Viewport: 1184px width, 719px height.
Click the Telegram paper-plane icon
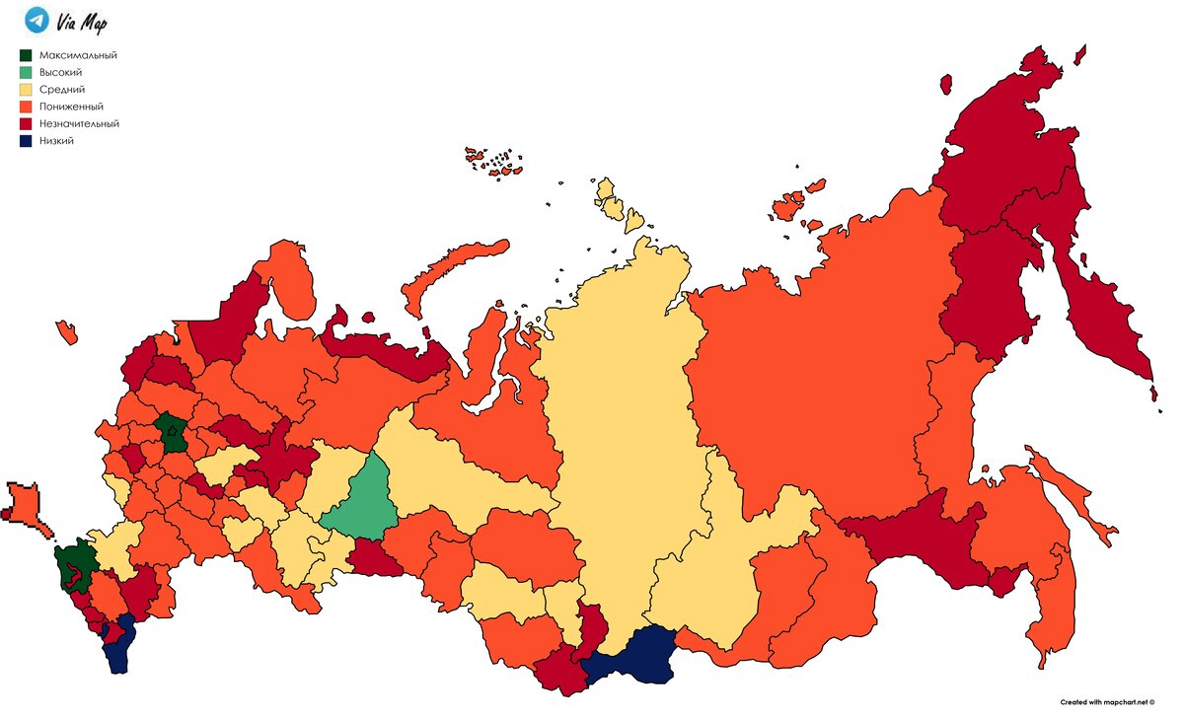[x=37, y=20]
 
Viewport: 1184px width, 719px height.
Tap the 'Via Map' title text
[x=81, y=22]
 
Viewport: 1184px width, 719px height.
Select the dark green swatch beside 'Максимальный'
[x=27, y=55]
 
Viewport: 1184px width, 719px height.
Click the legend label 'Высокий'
[x=60, y=72]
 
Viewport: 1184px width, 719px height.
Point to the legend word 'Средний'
[x=62, y=89]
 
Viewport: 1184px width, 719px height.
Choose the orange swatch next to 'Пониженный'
[x=27, y=107]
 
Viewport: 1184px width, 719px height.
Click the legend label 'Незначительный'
[x=79, y=123]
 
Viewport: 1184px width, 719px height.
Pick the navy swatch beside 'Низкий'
[x=27, y=141]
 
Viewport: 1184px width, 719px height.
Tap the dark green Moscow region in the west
[x=174, y=433]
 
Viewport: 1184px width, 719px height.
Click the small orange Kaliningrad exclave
[x=67, y=331]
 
